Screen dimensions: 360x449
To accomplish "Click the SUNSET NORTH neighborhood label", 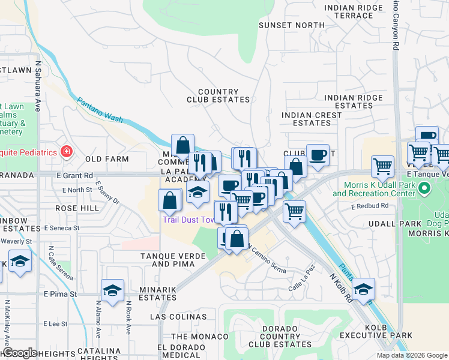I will (291, 25).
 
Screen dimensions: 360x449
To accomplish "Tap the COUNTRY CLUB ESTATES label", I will (218, 96).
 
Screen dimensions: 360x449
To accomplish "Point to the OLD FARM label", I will (107, 159).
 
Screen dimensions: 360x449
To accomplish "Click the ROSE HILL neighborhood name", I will (77, 208).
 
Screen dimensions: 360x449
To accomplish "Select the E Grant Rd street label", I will (75, 175).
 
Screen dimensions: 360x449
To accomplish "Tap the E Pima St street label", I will (60, 294).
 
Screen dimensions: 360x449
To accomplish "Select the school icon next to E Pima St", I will (112, 290).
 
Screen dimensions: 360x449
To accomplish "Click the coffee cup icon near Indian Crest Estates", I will (318, 155).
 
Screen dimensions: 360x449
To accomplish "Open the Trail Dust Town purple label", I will (188, 220).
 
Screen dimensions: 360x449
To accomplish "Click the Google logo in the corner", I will (19, 352).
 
